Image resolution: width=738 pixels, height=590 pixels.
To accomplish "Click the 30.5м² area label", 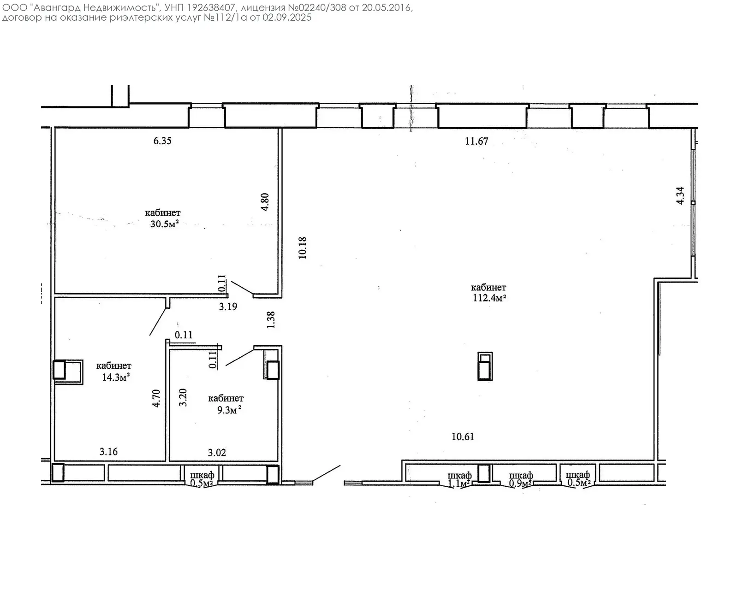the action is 165,224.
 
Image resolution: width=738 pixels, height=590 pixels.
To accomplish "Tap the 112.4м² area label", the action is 489,298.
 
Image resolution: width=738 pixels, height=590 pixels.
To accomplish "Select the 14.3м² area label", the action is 116,378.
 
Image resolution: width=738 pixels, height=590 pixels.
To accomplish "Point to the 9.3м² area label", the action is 229,410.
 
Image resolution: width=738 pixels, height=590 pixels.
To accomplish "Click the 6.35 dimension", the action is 162,141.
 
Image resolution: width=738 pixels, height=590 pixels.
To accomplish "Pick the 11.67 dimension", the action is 476,141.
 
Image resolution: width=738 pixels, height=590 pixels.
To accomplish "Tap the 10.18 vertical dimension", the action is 303,248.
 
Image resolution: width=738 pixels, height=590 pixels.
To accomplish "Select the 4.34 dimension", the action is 680,196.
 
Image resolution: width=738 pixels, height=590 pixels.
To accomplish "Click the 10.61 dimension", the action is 463,437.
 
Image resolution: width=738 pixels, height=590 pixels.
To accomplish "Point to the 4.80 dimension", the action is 265,202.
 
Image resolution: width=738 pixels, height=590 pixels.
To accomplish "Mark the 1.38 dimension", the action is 271,320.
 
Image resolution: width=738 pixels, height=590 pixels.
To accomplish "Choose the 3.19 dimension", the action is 228,307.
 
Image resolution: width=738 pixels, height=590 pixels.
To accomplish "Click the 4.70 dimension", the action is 156,398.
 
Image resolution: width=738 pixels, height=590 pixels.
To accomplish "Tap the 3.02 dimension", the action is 217,453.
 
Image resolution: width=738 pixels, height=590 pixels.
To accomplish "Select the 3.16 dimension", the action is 109,452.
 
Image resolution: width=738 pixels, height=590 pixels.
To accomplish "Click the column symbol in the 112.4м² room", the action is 485,366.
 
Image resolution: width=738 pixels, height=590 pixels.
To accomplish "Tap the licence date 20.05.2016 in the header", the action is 387,7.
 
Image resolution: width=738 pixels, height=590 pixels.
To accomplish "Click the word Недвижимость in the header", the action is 120,7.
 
